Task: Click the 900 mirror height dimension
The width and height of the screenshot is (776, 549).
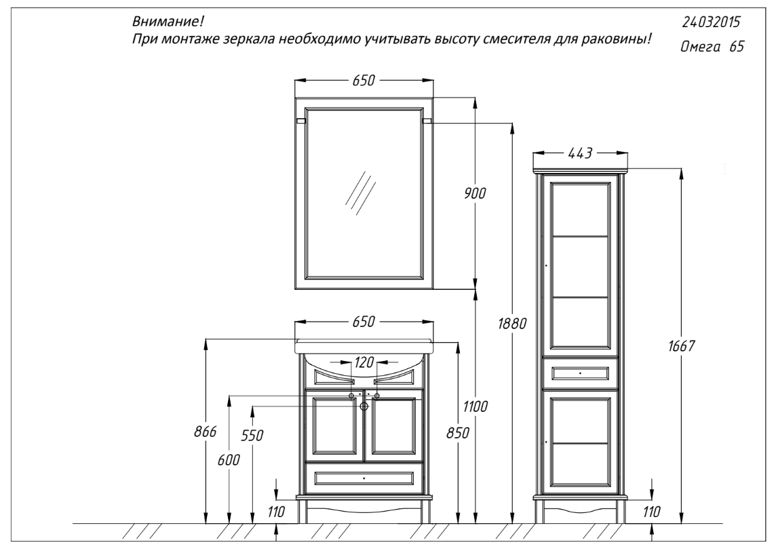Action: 475,193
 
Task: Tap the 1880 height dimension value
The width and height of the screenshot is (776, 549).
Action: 512,324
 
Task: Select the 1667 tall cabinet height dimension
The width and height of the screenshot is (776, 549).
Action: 682,346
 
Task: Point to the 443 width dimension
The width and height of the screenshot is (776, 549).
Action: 580,153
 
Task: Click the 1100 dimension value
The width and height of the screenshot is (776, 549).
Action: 476,407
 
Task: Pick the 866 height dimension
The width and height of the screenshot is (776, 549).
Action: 205,432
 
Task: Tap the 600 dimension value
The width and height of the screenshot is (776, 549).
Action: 229,460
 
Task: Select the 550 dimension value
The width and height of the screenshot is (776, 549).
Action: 252,436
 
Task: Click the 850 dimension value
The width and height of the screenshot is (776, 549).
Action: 457,433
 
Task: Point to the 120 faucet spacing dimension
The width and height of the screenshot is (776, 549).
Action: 364,362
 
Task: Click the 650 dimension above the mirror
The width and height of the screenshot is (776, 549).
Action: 364,81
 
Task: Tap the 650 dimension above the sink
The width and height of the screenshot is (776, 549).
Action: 364,322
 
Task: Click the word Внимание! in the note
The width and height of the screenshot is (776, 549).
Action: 168,22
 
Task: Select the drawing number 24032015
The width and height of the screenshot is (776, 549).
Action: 711,22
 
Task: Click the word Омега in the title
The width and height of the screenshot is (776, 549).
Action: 701,47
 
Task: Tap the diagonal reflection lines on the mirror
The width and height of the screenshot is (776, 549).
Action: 360,193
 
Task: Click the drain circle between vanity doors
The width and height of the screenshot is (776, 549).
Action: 364,406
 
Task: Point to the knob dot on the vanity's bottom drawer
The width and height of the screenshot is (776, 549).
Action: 364,478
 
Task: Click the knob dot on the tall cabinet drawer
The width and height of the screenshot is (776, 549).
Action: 580,373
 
